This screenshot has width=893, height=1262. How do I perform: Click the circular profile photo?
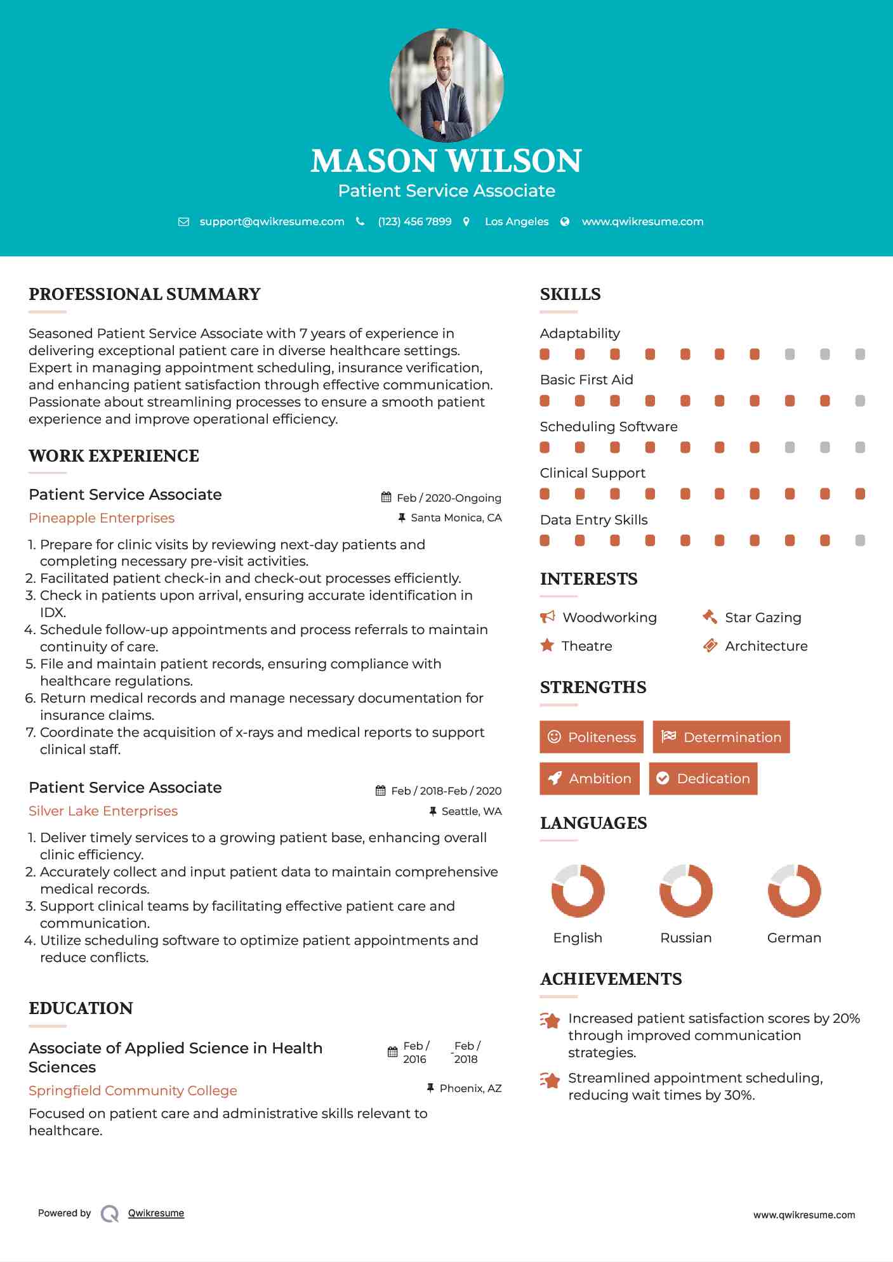(446, 84)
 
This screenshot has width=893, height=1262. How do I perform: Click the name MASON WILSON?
(446, 161)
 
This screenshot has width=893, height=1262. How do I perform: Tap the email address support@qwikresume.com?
(272, 221)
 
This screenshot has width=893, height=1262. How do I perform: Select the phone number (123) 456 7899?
(414, 221)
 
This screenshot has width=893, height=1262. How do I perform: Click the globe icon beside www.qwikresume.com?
(565, 221)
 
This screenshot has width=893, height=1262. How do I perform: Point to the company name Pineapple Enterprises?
(102, 518)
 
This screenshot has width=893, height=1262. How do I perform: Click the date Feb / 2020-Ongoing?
(449, 498)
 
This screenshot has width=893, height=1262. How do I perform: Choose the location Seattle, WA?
(471, 811)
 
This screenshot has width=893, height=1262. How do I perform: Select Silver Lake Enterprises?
(103, 811)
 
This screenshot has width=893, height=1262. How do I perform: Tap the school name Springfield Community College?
(133, 1091)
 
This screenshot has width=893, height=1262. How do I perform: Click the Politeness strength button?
(592, 737)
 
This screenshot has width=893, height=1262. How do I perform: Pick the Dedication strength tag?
(703, 779)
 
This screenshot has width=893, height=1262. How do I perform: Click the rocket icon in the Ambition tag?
(555, 779)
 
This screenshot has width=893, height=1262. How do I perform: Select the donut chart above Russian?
(685, 890)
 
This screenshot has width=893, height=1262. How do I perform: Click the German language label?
(794, 938)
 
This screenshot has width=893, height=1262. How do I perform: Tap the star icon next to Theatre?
(546, 646)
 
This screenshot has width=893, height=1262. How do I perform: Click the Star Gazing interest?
(763, 618)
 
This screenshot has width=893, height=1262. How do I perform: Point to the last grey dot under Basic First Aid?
(860, 401)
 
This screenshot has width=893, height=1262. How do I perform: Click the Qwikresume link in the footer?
(156, 1213)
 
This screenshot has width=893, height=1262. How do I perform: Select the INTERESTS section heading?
(588, 579)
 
